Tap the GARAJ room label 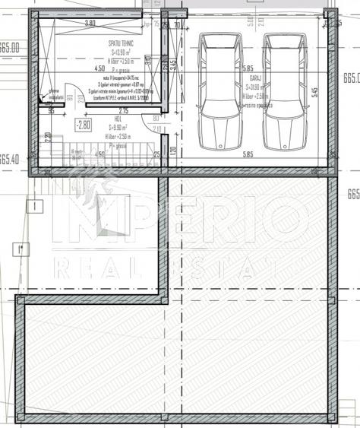click(x=256, y=77)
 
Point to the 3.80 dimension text click(x=90, y=24)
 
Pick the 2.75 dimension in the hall click(x=123, y=111)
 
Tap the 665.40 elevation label click(x=9, y=160)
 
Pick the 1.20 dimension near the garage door click(x=173, y=151)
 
